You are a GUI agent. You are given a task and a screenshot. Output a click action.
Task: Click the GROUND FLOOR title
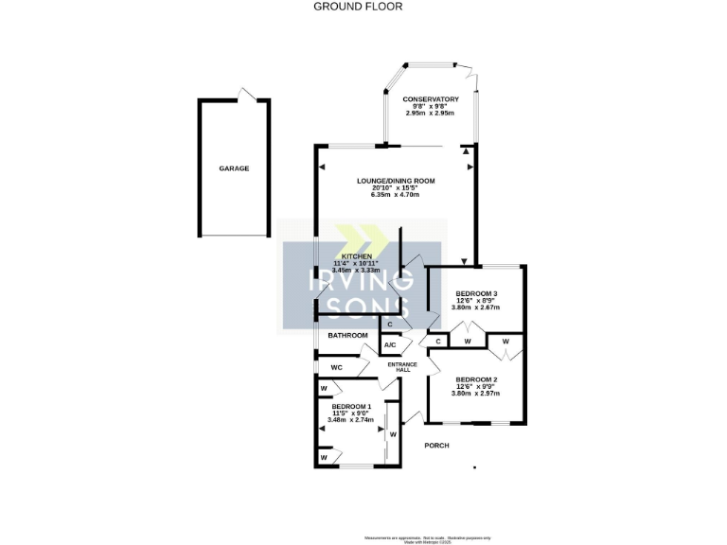(x=358, y=6)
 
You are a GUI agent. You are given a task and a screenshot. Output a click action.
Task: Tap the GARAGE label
(x=234, y=168)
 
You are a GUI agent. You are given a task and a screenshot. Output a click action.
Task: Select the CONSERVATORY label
(x=430, y=99)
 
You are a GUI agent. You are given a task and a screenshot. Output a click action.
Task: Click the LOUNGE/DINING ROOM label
(x=395, y=181)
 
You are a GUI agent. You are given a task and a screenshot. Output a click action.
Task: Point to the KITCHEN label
(x=356, y=256)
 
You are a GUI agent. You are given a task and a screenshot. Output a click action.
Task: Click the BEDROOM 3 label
(x=476, y=294)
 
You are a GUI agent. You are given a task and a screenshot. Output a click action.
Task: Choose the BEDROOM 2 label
(x=476, y=379)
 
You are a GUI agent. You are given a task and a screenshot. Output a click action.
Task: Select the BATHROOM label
(x=347, y=336)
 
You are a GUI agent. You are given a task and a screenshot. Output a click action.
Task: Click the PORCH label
(x=436, y=446)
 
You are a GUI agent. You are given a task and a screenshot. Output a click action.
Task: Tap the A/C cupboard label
(x=390, y=344)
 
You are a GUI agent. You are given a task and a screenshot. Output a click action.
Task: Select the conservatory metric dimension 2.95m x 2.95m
(x=430, y=114)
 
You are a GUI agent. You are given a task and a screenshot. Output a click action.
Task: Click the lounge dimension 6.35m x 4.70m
(x=395, y=195)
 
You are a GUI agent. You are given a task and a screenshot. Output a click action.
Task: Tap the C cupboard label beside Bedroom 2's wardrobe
(x=438, y=341)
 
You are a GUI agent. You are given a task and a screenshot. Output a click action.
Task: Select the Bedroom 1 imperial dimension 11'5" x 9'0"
(x=350, y=413)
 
